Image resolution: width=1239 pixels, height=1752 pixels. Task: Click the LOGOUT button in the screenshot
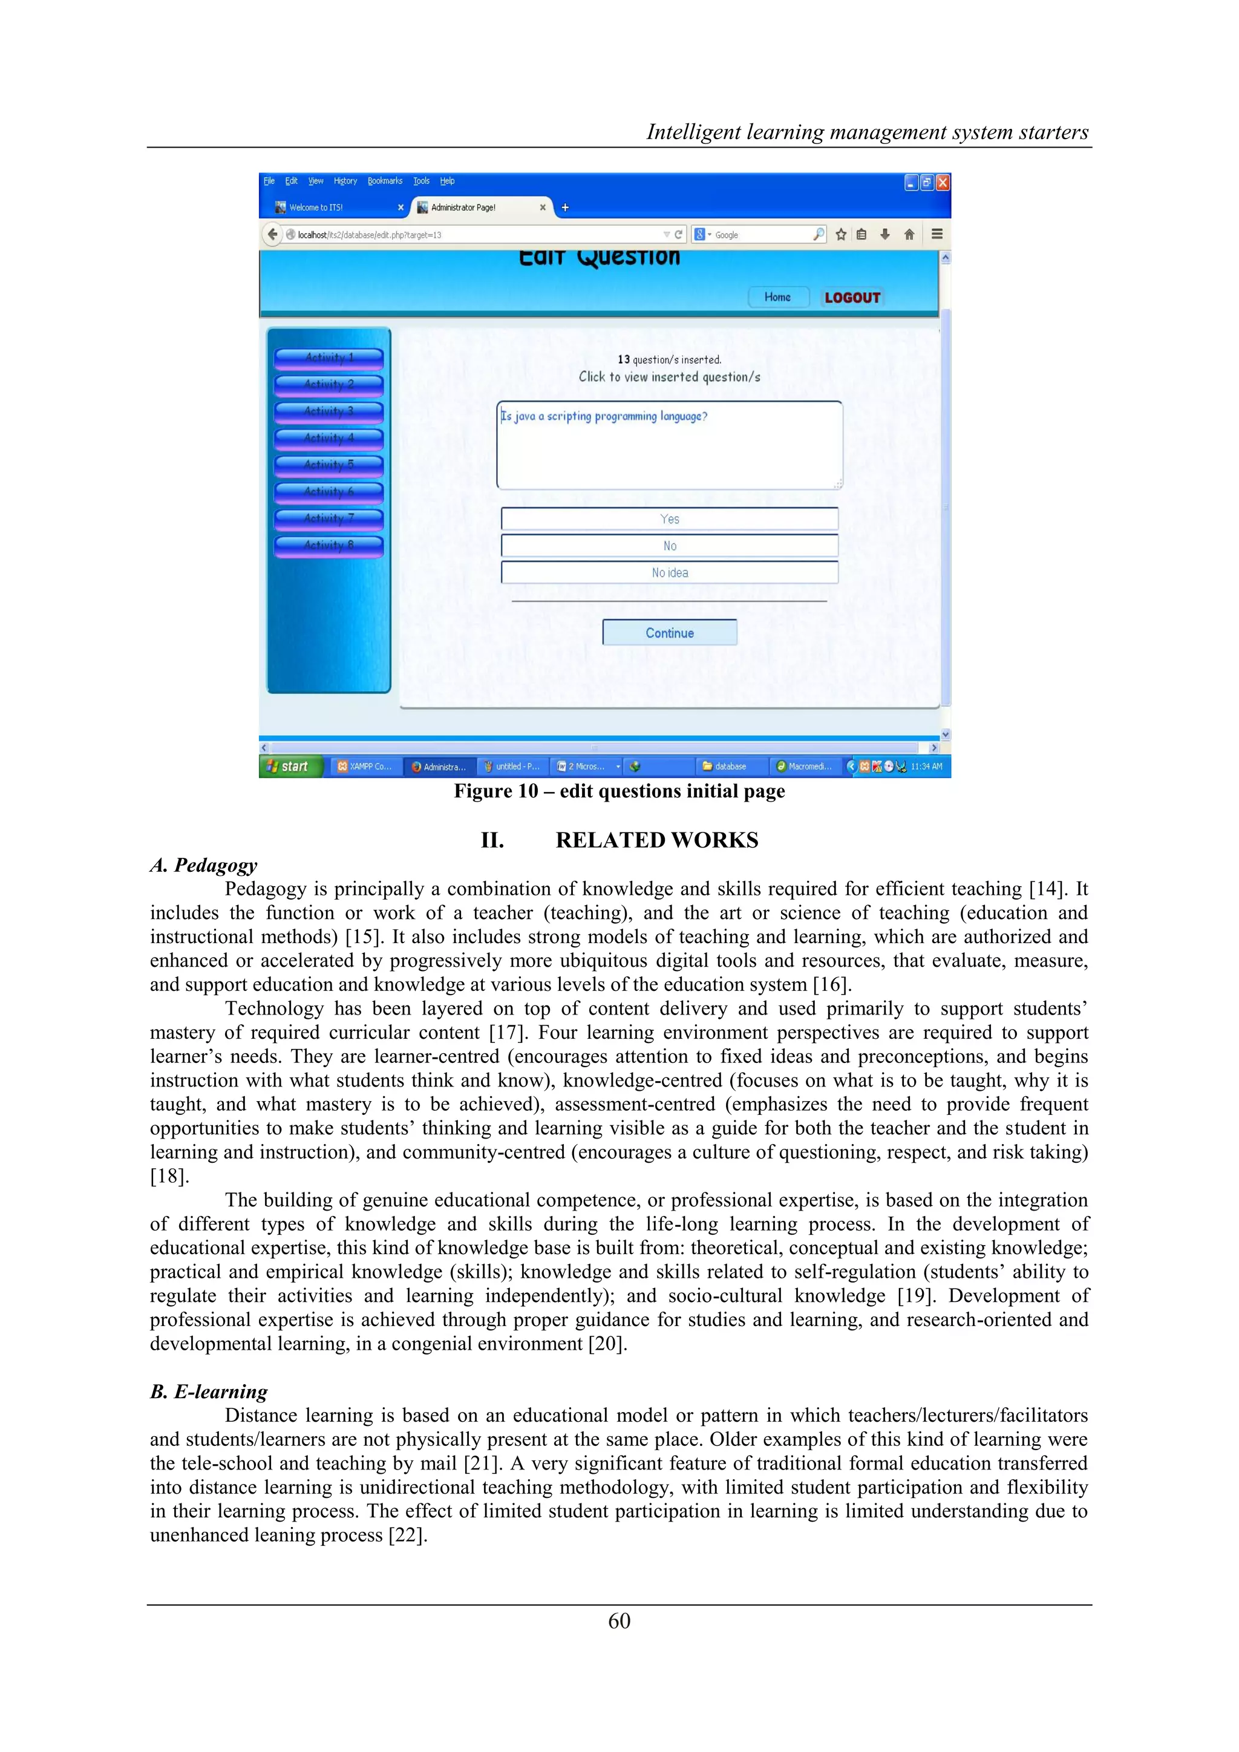tap(852, 298)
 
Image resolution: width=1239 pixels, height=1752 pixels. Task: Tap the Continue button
tap(669, 633)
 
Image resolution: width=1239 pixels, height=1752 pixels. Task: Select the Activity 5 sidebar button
tap(329, 465)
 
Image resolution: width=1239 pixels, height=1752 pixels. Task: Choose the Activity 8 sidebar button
tap(329, 545)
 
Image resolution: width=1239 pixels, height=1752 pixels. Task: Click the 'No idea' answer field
tap(669, 572)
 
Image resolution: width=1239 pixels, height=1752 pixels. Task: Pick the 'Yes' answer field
tap(669, 519)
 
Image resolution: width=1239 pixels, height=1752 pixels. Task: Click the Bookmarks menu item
tap(385, 181)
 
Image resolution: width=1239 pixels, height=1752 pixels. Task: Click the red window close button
tap(943, 182)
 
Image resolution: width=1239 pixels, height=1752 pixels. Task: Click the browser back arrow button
tap(272, 234)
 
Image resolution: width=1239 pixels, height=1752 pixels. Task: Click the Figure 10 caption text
tap(619, 791)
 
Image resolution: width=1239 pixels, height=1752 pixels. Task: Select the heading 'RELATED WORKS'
tap(656, 840)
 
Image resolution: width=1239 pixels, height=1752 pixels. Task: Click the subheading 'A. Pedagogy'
tap(204, 865)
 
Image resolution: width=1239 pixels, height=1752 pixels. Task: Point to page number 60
tap(619, 1621)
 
